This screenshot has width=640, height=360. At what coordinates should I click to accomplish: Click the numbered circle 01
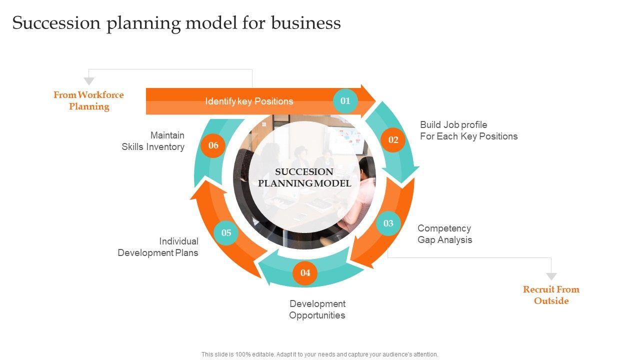[x=345, y=101]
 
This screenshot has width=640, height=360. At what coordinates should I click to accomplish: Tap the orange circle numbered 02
[x=393, y=140]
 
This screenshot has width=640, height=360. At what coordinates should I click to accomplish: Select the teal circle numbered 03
[x=388, y=223]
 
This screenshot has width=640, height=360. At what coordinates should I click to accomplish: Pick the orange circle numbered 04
[x=305, y=273]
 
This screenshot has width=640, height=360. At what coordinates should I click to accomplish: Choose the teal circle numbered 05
[x=226, y=233]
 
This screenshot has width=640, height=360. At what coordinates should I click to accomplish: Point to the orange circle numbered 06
[x=213, y=145]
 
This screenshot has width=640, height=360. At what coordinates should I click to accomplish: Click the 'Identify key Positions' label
[x=249, y=101]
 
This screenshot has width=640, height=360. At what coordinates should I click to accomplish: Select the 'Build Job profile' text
[x=453, y=124]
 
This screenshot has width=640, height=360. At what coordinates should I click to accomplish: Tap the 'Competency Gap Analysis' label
[x=444, y=234]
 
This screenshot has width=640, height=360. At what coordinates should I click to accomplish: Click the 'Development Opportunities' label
[x=317, y=309]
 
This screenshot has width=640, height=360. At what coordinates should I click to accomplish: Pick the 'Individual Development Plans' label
[x=158, y=247]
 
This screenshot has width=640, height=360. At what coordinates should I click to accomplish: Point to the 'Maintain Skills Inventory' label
[x=153, y=141]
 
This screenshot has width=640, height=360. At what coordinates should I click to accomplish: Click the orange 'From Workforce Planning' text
[x=88, y=100]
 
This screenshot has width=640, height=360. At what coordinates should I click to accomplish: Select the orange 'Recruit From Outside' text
[x=551, y=295]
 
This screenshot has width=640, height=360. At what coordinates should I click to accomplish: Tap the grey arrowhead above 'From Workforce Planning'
[x=89, y=81]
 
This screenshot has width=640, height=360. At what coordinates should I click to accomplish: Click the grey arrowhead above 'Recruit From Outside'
[x=551, y=276]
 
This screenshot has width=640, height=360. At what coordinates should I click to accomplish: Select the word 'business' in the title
[x=306, y=23]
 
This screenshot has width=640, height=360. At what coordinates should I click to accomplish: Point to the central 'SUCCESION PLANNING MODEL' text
[x=304, y=177]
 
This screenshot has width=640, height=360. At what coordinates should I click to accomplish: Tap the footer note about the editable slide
[x=320, y=354]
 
